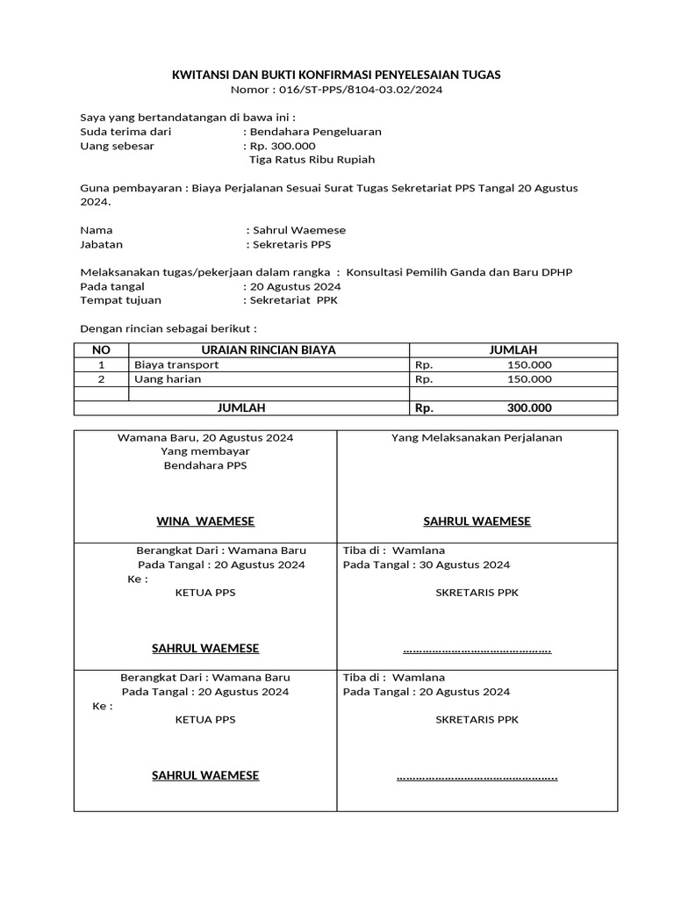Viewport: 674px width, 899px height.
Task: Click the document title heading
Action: coord(336,76)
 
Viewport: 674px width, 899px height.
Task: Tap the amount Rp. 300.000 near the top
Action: coord(283,146)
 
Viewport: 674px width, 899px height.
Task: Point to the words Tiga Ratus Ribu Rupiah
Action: coord(312,160)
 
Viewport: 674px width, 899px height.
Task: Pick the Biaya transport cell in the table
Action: coord(176,364)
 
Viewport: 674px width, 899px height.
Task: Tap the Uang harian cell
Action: coord(168,379)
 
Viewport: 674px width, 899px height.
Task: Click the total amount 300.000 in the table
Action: coord(529,408)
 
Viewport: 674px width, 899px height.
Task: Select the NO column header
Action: coord(101,349)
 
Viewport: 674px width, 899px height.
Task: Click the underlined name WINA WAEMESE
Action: coord(205,521)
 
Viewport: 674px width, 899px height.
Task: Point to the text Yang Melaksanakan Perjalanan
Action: coord(477,437)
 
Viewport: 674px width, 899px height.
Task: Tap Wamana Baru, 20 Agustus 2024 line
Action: coord(205,437)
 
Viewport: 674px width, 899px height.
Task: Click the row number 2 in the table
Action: coord(101,379)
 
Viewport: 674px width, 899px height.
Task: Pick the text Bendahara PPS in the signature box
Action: coord(205,465)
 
